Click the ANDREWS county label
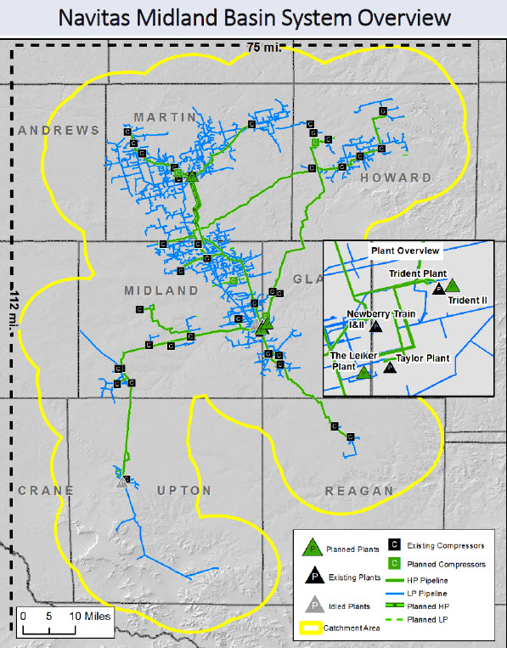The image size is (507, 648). point(59,130)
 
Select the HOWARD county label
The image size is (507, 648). point(396,177)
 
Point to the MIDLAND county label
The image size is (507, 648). point(161,290)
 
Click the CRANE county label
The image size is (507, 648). point(45,490)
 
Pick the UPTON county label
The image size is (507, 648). point(184,490)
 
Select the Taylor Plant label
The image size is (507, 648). point(422,359)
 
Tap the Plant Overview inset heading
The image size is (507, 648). point(405,251)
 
